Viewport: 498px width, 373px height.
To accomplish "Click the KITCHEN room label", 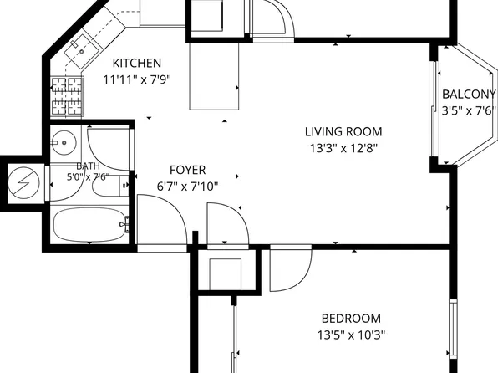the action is click(x=137, y=63).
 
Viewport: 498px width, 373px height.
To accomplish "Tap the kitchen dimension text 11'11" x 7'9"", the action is click(x=137, y=79).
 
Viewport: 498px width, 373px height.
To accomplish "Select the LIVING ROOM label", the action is click(x=343, y=131).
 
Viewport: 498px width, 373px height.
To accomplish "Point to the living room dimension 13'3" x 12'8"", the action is click(x=343, y=148).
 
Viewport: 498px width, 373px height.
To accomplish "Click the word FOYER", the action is click(x=188, y=170).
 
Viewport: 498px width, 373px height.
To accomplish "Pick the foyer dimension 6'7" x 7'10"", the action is click(x=188, y=186).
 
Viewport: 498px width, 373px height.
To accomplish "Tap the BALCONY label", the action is click(x=469, y=95).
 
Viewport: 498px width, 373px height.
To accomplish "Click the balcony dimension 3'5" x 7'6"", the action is click(x=469, y=110).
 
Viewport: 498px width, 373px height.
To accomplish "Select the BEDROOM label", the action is click(x=351, y=319).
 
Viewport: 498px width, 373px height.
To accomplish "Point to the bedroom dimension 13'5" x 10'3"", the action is click(x=351, y=335).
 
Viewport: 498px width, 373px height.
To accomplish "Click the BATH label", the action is click(x=88, y=166).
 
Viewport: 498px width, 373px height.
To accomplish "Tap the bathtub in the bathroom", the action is click(x=89, y=225).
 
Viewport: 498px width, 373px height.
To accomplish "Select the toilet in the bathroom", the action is click(x=110, y=186).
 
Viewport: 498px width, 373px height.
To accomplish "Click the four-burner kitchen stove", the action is click(x=68, y=95).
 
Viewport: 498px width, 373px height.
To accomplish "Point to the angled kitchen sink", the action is click(x=83, y=51).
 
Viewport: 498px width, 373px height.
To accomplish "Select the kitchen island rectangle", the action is click(x=214, y=76).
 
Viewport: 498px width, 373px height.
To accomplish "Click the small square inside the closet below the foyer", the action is click(x=225, y=274).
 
